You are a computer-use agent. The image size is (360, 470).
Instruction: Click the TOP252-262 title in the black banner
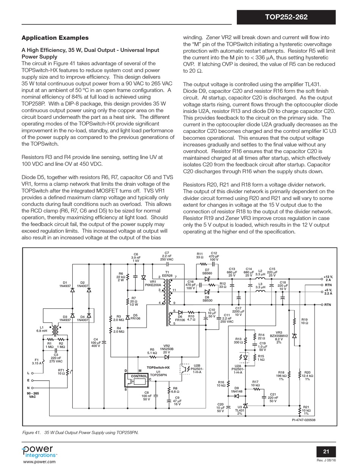[291, 17]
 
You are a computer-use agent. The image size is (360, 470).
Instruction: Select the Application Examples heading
[55, 38]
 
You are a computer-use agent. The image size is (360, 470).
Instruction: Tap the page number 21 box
[326, 451]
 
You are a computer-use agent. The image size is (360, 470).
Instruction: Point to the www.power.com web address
[39, 462]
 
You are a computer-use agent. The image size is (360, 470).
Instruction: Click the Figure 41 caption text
[80, 432]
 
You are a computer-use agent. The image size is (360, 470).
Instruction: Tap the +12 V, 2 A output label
[328, 278]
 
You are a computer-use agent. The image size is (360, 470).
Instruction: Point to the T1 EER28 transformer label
[167, 274]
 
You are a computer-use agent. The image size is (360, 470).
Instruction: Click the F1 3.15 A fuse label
[37, 361]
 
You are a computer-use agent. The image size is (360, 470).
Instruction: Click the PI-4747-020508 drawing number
[304, 420]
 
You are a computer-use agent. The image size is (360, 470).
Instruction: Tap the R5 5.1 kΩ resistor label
[152, 351]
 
